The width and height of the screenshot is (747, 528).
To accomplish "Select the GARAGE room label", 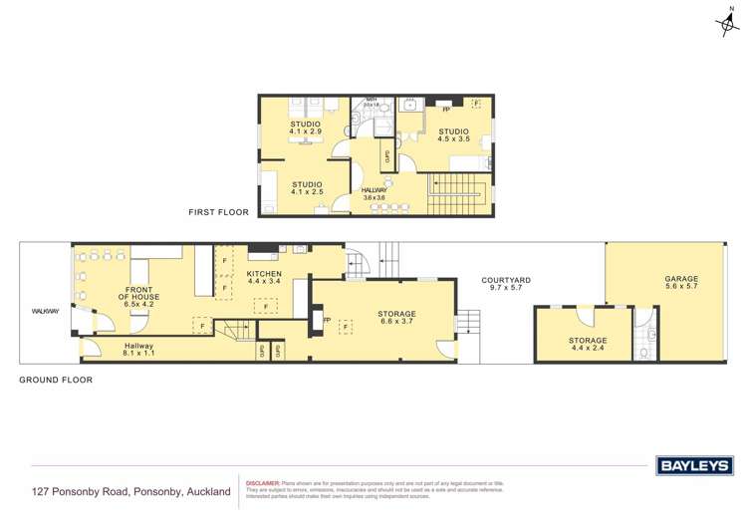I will click(681, 283).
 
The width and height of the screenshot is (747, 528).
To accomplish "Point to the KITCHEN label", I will click(265, 277).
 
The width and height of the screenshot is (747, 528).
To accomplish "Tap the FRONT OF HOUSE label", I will click(138, 291).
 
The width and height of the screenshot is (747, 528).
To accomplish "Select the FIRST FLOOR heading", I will click(220, 212).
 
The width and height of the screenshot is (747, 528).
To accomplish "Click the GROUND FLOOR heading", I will click(56, 380).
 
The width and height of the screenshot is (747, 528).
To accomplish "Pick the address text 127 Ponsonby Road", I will click(130, 491).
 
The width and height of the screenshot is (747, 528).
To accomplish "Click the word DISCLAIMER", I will click(263, 482).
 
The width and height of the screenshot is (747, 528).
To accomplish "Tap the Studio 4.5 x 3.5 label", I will click(454, 135).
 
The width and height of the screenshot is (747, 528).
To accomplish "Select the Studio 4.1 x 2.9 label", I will click(306, 129).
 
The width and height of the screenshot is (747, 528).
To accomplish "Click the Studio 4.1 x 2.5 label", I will click(307, 188).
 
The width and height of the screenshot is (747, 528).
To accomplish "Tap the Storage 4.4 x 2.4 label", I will click(588, 345).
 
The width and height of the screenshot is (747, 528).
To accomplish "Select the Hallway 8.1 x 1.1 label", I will click(138, 350).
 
